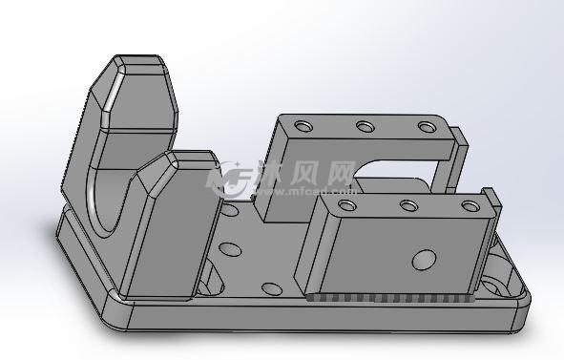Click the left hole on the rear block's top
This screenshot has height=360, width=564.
pyautogui.click(x=303, y=126)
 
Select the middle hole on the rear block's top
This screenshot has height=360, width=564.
pyautogui.click(x=366, y=126)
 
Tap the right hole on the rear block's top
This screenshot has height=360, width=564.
pyautogui.click(x=427, y=127)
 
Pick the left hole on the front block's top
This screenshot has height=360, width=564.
pyautogui.click(x=347, y=205)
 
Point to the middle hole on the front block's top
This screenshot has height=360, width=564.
pyautogui.click(x=408, y=205)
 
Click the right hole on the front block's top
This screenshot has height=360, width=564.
pyautogui.click(x=470, y=206)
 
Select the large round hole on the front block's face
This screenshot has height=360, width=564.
pyautogui.click(x=424, y=260)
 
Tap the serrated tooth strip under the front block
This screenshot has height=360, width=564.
pyautogui.click(x=390, y=298)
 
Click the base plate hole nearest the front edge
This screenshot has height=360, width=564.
pyautogui.click(x=272, y=288)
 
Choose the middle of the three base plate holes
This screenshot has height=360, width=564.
pyautogui.click(x=230, y=249)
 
